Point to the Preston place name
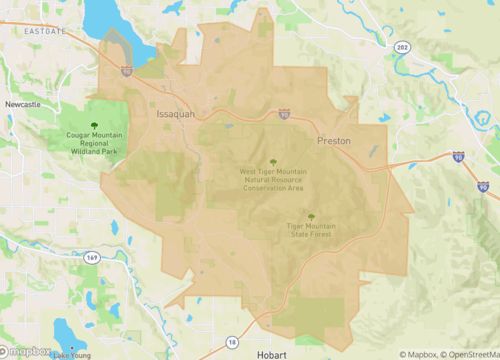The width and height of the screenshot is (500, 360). (x=334, y=142)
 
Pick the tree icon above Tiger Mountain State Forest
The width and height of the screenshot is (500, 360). (x=310, y=217)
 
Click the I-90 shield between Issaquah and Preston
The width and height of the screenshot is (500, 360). (x=284, y=115)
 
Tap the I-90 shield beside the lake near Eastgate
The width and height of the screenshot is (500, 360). (x=125, y=70)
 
